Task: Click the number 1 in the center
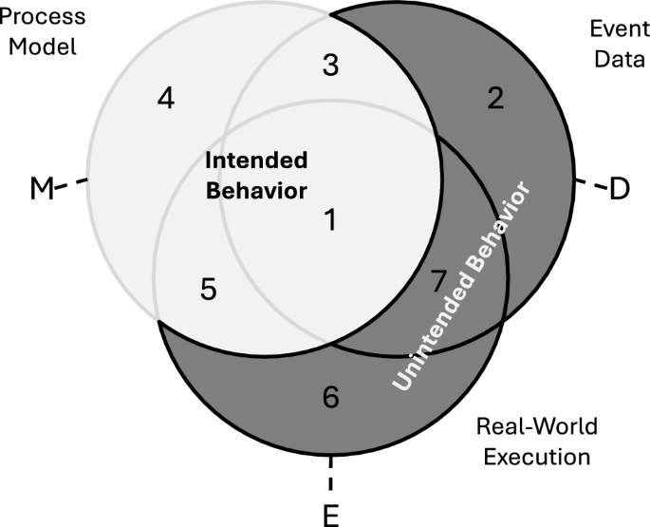pos(330,221)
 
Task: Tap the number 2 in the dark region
pos(495,99)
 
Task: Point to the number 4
pos(166,99)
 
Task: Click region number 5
pos(211,288)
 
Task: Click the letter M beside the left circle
pos(41,188)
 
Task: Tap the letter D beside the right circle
pos(619,188)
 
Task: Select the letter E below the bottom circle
pos(331,516)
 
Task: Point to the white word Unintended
pos(427,338)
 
